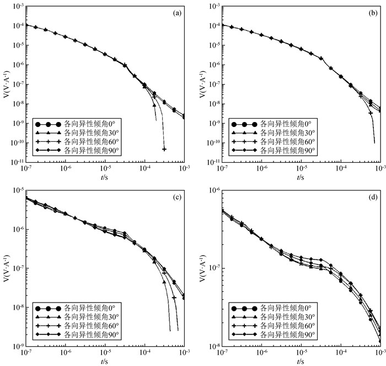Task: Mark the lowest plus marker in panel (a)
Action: pos(164,149)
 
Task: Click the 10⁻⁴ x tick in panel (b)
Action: pos(340,169)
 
